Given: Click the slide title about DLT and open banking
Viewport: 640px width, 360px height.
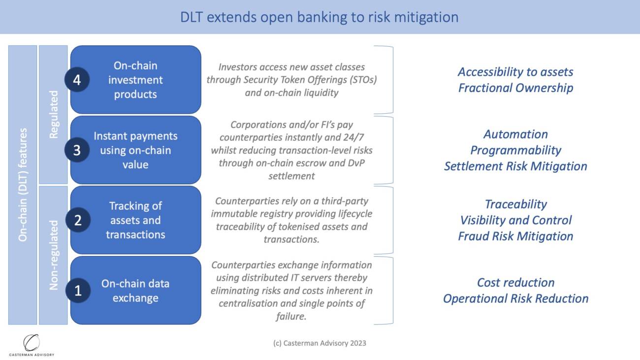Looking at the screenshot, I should [319, 17].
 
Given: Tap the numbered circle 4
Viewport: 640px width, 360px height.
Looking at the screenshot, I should [77, 80].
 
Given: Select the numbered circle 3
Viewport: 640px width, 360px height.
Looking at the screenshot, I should [77, 150].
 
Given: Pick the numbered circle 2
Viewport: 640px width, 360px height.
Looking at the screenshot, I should [77, 220].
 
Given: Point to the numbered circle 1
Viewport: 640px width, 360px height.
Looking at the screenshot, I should [77, 291].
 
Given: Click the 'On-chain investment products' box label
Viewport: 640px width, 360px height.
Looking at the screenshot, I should [135, 80].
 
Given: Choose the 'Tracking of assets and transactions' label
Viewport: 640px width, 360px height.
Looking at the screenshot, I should [135, 220].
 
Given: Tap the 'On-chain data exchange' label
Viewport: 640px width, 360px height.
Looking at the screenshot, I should [135, 291].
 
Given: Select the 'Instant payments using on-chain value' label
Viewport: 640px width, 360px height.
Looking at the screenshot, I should [135, 150].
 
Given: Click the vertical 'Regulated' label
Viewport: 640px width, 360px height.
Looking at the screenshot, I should [54, 114].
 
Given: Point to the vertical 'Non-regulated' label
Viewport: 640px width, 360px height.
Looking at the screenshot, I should [54, 255].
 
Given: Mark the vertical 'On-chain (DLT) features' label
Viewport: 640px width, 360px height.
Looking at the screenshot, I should [23, 185].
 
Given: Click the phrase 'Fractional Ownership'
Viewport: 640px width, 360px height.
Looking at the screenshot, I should [515, 88].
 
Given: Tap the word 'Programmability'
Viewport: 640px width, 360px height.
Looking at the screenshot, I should [515, 150].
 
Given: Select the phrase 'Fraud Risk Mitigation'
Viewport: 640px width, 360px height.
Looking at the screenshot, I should [515, 236].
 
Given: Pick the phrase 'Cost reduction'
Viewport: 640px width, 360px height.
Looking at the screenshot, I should [515, 283].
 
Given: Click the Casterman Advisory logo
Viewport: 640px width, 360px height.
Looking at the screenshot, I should [32, 345].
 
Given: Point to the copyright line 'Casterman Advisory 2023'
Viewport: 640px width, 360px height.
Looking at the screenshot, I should [320, 343].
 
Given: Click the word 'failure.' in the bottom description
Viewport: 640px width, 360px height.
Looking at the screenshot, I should [291, 317].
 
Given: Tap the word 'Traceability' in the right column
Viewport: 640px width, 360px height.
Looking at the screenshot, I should [515, 204].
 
